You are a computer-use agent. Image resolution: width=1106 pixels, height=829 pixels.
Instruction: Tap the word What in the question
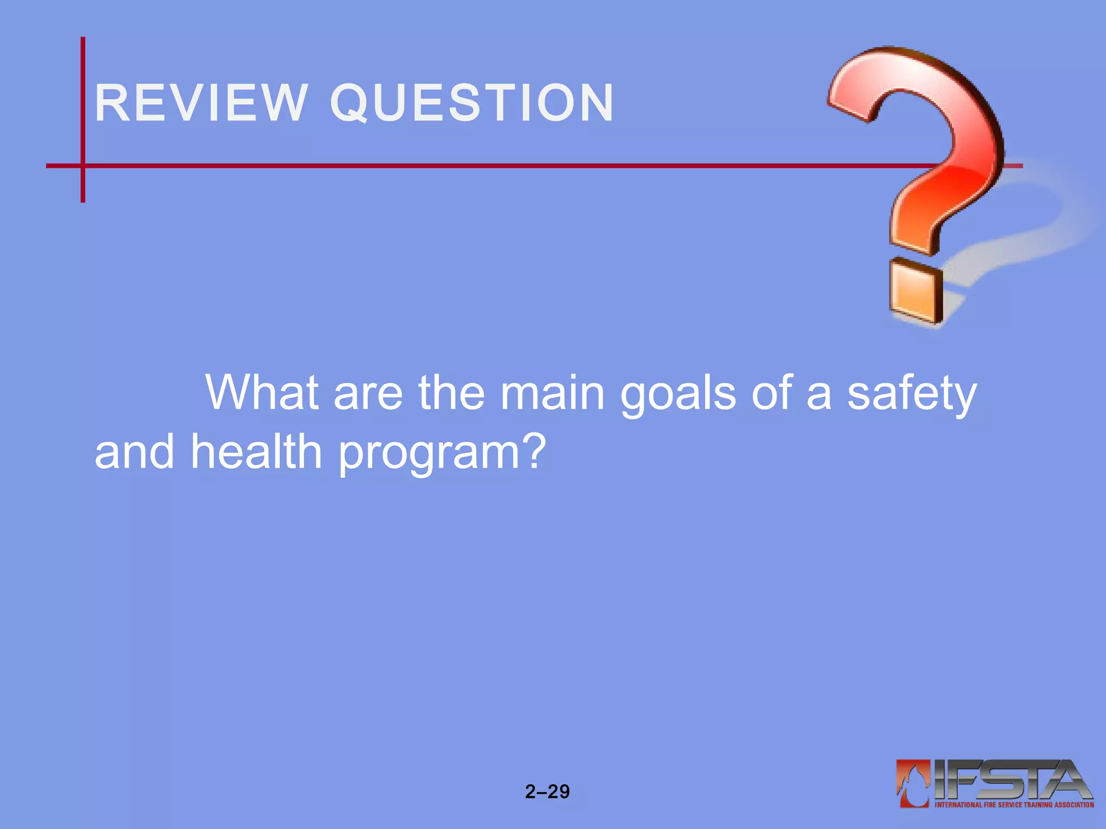tap(262, 392)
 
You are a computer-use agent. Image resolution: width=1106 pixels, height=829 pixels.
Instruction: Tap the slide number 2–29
tap(547, 791)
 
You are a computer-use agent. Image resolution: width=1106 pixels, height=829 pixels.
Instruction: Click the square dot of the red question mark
tap(915, 291)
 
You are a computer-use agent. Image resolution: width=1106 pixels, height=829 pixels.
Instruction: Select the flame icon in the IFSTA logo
tap(913, 783)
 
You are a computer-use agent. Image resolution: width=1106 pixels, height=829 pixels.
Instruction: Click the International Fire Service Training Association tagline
tap(1014, 805)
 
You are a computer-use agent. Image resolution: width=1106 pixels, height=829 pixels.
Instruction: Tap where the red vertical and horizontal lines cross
tap(83, 166)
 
